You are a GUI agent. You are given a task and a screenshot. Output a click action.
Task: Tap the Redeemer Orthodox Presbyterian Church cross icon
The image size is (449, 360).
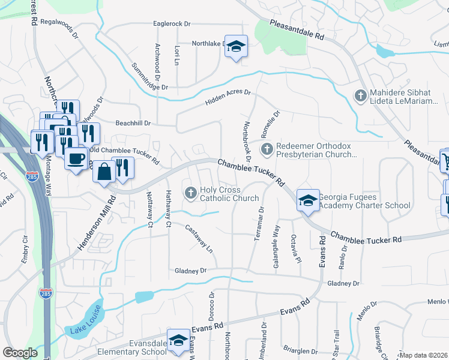(266, 148)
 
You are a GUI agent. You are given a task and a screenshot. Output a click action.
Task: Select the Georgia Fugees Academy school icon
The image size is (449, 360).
(308, 200)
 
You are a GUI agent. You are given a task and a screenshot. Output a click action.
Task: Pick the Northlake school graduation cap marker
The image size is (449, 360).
(236, 46)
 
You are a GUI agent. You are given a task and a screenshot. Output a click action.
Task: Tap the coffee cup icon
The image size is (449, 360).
(76, 158)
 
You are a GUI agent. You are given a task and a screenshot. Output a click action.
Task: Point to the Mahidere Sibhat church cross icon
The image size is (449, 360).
(360, 96)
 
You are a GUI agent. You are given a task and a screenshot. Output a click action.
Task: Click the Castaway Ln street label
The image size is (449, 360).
(199, 237)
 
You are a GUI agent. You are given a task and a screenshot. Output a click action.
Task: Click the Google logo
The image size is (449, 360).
(20, 353)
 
